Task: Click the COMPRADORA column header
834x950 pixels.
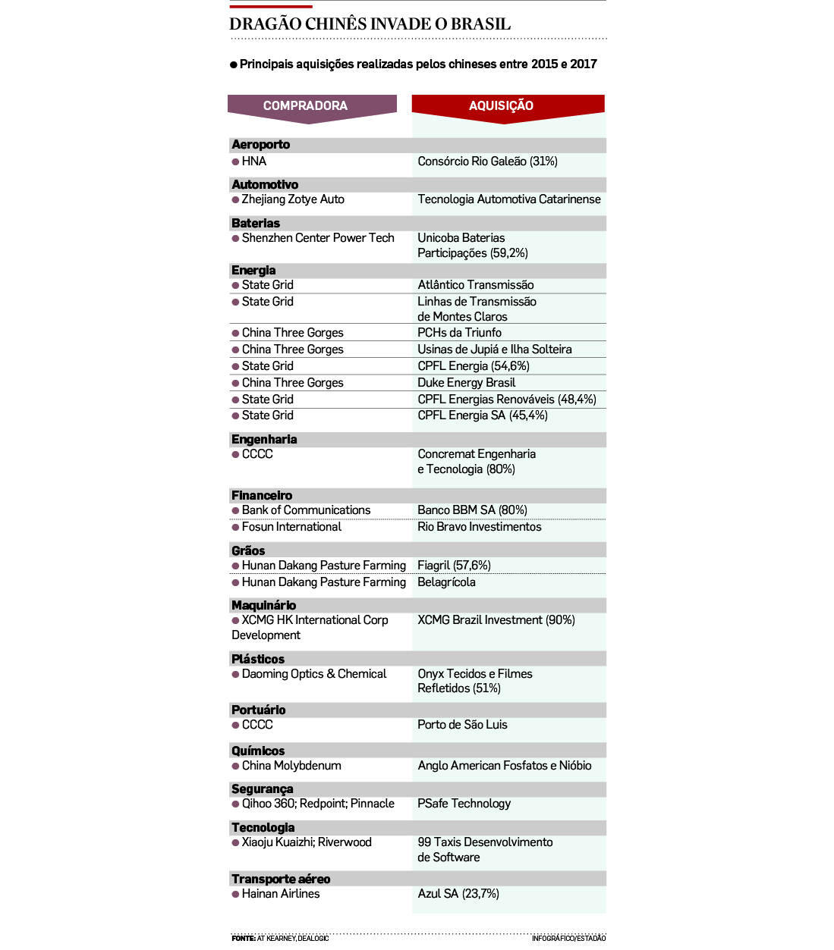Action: (305, 106)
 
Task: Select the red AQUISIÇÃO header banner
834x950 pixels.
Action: (501, 106)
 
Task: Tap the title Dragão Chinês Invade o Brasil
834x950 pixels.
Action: (370, 24)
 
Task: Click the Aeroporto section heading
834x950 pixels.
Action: (261, 145)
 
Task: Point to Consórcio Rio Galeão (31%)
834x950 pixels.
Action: (487, 161)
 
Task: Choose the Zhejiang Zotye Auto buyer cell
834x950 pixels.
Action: (293, 199)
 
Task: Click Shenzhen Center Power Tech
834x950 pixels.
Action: (318, 238)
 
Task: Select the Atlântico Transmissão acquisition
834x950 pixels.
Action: (476, 285)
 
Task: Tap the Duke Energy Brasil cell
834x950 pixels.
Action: (467, 383)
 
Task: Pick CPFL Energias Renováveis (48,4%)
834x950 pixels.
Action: (507, 400)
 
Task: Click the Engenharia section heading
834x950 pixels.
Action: (264, 440)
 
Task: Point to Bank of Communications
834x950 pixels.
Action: (306, 510)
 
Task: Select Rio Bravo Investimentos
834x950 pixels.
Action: (480, 527)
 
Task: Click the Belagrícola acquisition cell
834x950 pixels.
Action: (447, 582)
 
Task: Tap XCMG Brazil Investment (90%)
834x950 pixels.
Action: (496, 620)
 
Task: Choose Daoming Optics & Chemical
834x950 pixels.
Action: (314, 674)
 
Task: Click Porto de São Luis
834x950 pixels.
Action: (462, 725)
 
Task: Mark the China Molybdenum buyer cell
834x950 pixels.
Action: (291, 766)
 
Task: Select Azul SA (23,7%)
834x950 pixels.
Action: (458, 894)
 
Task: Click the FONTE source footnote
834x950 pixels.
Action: (280, 939)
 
